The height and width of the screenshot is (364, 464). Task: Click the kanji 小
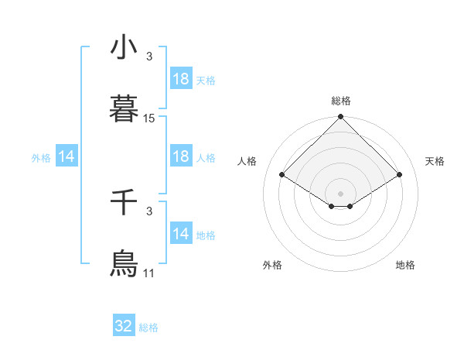pyautogui.click(x=124, y=49)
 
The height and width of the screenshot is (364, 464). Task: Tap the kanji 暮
pyautogui.click(x=124, y=108)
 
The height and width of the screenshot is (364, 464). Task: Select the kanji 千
pyautogui.click(x=124, y=203)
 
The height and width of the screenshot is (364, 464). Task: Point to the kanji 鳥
pyautogui.click(x=124, y=263)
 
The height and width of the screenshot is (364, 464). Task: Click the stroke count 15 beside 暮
pyautogui.click(x=149, y=118)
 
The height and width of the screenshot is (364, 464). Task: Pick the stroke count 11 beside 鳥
pyautogui.click(x=149, y=273)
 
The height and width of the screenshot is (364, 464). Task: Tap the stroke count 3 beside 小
pyautogui.click(x=149, y=57)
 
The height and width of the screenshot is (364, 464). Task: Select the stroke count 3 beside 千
pyautogui.click(x=149, y=211)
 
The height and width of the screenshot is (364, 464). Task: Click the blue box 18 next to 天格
pyautogui.click(x=181, y=79)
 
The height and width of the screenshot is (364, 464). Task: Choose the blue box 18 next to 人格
pyautogui.click(x=181, y=156)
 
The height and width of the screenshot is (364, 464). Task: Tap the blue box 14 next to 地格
pyautogui.click(x=181, y=234)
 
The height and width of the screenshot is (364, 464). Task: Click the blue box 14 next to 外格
pyautogui.click(x=67, y=156)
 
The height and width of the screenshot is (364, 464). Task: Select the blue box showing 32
pyautogui.click(x=124, y=326)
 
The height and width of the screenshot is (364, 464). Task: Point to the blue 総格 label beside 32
pyautogui.click(x=148, y=328)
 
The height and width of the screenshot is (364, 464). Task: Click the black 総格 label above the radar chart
pyautogui.click(x=341, y=101)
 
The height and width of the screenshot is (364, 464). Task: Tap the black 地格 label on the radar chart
pyautogui.click(x=405, y=265)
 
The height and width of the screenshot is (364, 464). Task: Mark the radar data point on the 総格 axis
pyautogui.click(x=341, y=118)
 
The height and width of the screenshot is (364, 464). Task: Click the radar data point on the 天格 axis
pyautogui.click(x=400, y=175)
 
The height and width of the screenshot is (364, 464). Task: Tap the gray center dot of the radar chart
pyautogui.click(x=341, y=193)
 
